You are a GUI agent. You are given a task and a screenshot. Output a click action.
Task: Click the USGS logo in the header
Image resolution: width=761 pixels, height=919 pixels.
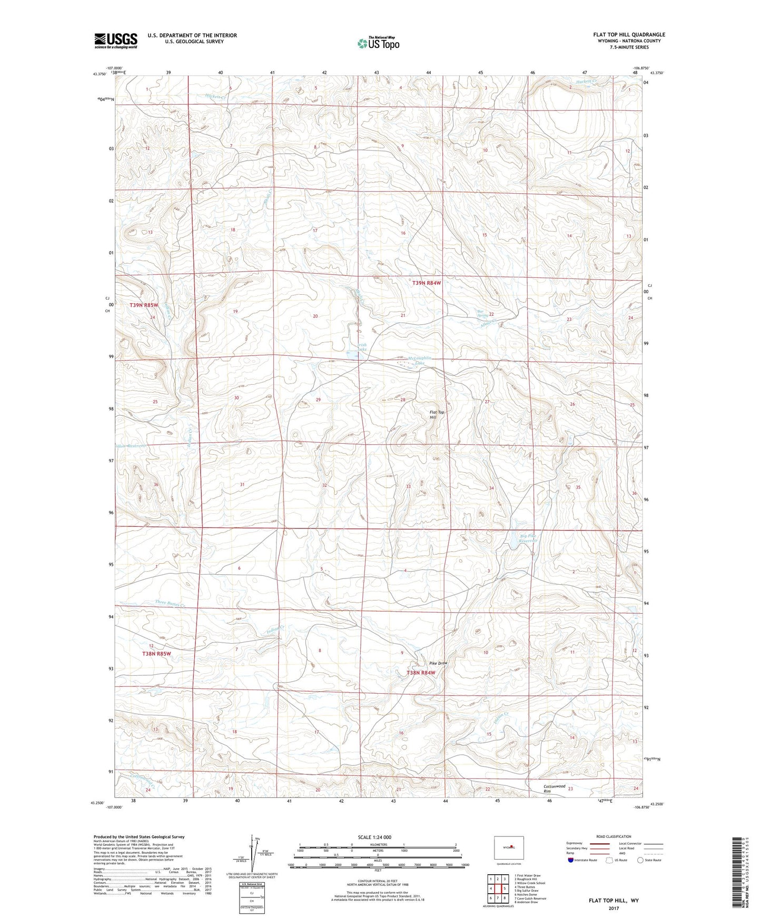click(115, 41)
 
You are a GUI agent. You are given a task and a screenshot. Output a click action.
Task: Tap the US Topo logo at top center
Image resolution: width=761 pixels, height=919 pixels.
click(378, 43)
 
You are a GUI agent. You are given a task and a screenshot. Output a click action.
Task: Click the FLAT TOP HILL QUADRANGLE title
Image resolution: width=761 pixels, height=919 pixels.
click(629, 35)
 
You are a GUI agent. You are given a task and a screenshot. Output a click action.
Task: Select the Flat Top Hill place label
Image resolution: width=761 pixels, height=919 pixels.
click(437, 415)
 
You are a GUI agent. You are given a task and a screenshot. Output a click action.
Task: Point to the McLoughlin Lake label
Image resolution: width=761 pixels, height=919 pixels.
click(419, 361)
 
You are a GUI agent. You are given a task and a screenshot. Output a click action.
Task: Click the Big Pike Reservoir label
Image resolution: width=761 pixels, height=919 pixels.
click(528, 538)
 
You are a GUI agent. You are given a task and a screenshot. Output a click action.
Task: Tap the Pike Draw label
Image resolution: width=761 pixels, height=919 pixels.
click(438, 663)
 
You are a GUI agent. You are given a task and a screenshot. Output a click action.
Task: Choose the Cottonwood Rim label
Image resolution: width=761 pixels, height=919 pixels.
click(554, 788)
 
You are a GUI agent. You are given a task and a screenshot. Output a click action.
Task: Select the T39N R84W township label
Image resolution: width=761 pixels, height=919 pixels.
click(426, 283)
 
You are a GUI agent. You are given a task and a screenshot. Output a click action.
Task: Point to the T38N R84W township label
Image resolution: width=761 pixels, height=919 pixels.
click(421, 673)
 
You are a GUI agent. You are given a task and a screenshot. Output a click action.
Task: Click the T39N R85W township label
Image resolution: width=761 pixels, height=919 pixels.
click(144, 305)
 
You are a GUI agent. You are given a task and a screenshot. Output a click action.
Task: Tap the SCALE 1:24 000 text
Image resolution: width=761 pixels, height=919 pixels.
click(374, 837)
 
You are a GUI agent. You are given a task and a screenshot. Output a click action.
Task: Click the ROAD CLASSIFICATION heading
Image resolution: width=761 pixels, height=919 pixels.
click(614, 836)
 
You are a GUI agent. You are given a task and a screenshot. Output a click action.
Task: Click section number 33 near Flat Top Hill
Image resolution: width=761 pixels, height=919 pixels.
click(408, 486)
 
